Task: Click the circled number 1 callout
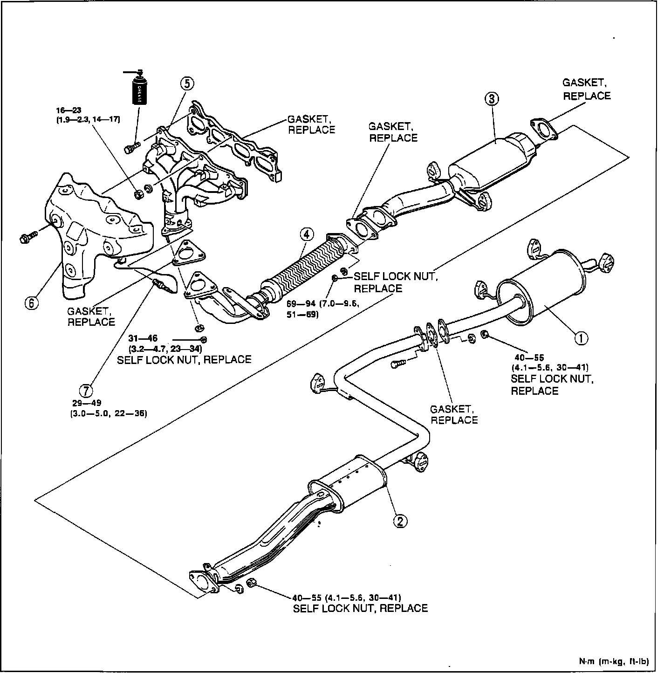[581, 338]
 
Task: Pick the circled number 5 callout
[186, 83]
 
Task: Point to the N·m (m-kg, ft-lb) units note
[614, 661]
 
